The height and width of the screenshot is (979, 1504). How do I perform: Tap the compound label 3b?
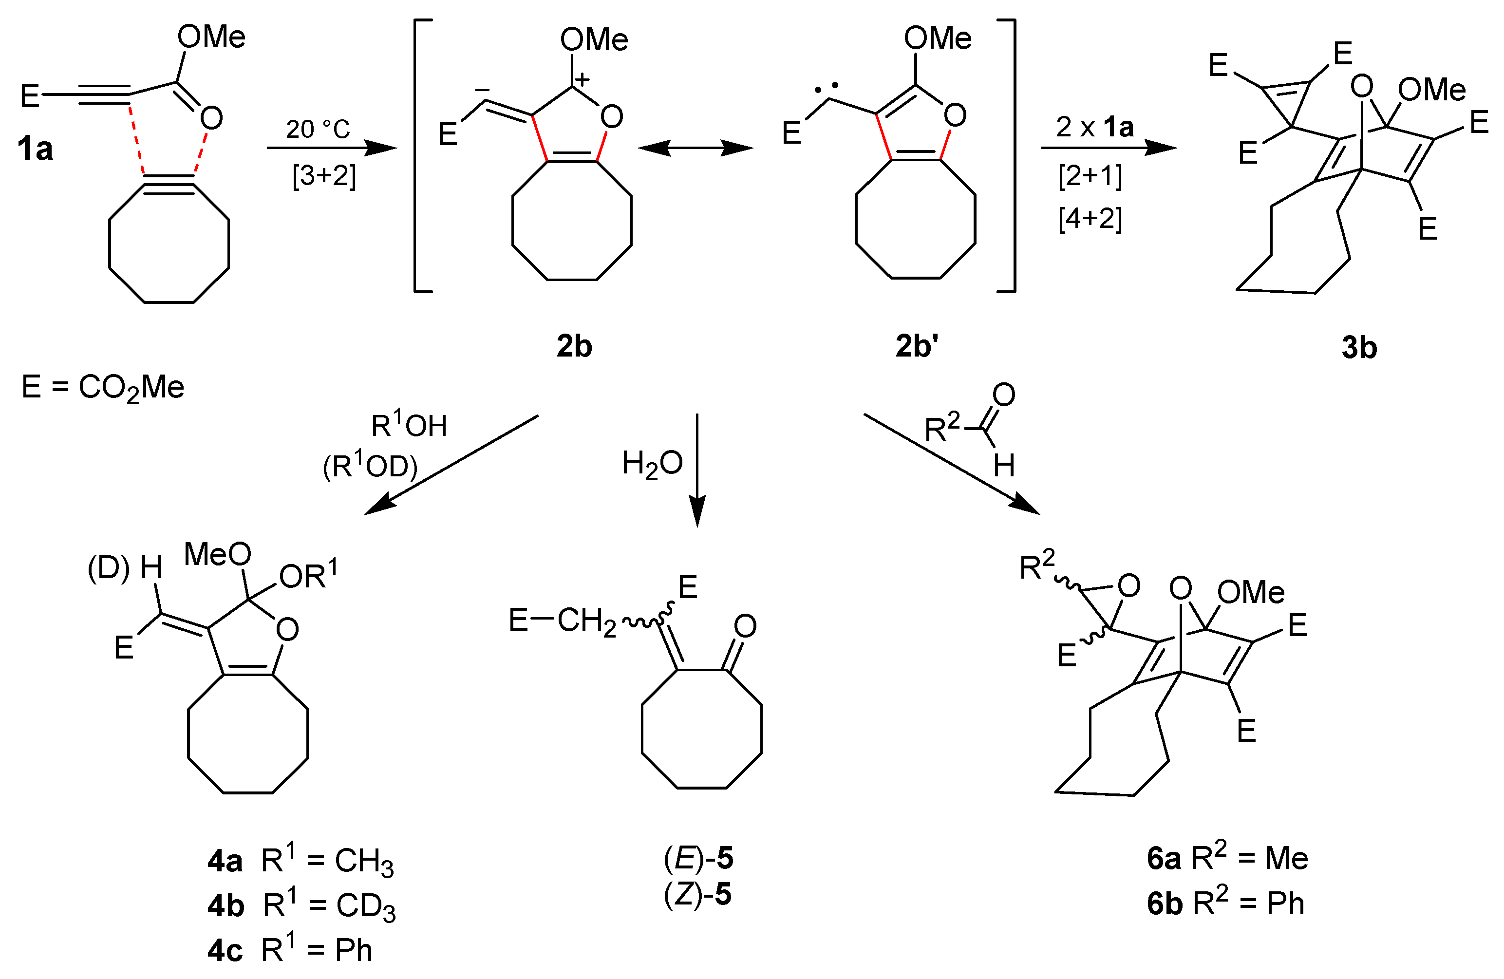click(x=1359, y=348)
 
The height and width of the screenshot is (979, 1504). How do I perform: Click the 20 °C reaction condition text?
click(x=318, y=130)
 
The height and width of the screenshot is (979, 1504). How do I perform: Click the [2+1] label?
click(x=1090, y=176)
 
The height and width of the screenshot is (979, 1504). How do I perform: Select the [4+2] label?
click(x=1090, y=219)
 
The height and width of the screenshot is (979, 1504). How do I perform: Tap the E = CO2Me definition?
click(x=103, y=387)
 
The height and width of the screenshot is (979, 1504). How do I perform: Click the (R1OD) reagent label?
click(x=370, y=467)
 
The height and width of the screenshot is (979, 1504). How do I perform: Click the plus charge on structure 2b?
click(x=582, y=79)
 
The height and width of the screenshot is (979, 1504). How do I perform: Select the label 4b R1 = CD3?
click(x=301, y=905)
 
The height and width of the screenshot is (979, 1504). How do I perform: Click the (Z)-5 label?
click(x=697, y=895)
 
